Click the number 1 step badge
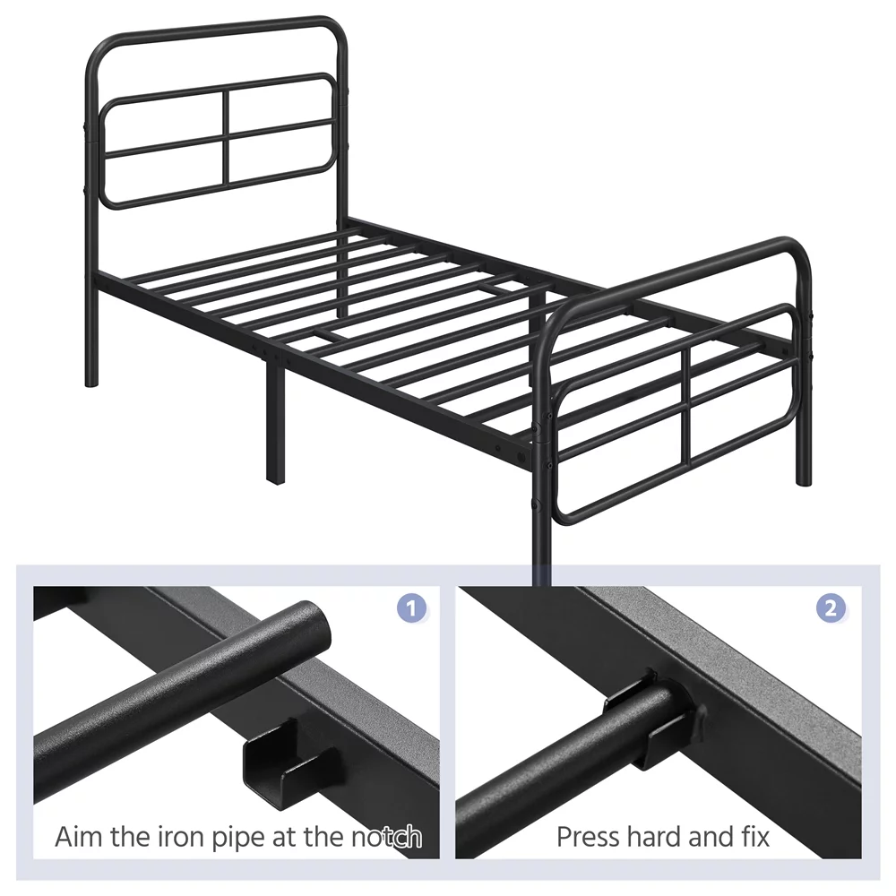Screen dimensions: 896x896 411,607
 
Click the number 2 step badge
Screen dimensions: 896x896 831,607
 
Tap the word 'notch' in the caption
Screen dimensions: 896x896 386,837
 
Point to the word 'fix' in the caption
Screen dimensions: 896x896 755,837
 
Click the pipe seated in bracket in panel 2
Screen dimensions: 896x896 572,760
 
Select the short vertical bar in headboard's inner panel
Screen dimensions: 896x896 226,137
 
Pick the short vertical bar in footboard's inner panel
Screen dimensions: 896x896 686,407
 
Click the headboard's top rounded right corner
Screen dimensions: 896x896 337,30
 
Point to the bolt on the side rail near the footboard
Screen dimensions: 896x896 521,457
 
